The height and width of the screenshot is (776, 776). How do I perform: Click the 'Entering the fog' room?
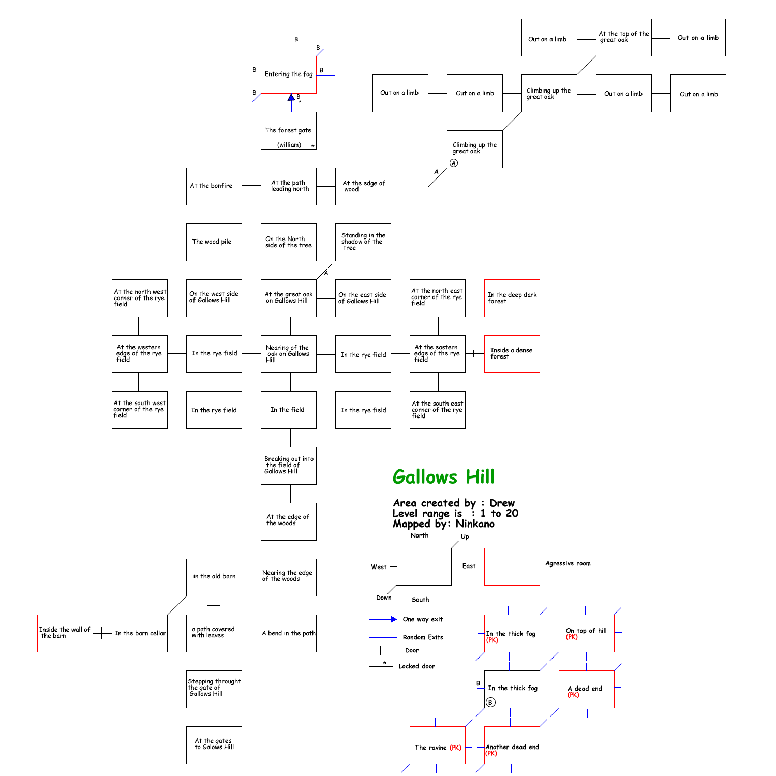289,74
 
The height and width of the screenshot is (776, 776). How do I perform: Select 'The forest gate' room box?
289,131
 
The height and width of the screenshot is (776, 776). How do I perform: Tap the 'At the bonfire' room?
214,186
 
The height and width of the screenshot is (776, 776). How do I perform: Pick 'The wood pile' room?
214,242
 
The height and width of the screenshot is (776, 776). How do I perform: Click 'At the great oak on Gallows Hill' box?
289,298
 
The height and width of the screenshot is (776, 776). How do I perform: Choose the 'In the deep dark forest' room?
512,298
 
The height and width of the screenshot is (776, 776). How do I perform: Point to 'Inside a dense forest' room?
512,354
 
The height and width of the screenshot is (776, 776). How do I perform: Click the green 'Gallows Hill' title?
443,476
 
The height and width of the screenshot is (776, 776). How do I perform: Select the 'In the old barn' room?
214,577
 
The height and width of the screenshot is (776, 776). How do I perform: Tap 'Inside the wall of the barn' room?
65,633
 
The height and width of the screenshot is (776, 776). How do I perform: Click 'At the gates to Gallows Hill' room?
214,745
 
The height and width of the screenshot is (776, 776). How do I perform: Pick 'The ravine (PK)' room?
438,745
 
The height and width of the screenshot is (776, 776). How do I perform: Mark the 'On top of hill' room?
587,633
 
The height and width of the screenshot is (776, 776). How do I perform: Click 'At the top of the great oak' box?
624,37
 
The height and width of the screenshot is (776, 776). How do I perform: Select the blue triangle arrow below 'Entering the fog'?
291,97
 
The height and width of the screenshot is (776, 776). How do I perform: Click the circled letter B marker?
490,702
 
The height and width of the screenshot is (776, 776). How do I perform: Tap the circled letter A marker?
454,163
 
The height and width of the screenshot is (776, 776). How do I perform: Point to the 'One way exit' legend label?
423,619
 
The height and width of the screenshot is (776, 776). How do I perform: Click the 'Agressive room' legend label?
568,563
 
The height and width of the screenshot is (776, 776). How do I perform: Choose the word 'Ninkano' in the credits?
475,524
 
